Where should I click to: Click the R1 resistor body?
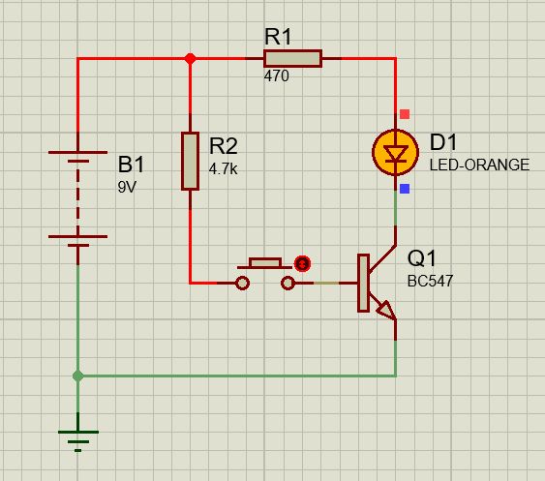pos(292,59)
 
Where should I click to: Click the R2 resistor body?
pos(190,162)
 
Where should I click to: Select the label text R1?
pos(279,37)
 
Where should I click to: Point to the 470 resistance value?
pos(276,76)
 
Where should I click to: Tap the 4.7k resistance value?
pos(223,167)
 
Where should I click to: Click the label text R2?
pos(224,146)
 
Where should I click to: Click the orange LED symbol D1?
pos(395,153)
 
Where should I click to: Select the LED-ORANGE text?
pos(479,165)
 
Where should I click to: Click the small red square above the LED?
pos(405,114)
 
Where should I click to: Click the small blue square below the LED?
pos(405,189)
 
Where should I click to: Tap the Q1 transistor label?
pos(422,259)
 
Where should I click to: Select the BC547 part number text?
pos(431,282)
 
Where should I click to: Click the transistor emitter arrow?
pos(384,311)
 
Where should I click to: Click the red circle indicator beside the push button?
pos(303,262)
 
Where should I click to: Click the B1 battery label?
pos(133,164)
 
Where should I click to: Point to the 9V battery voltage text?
pos(128,187)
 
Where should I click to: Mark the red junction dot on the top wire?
pos(190,59)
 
